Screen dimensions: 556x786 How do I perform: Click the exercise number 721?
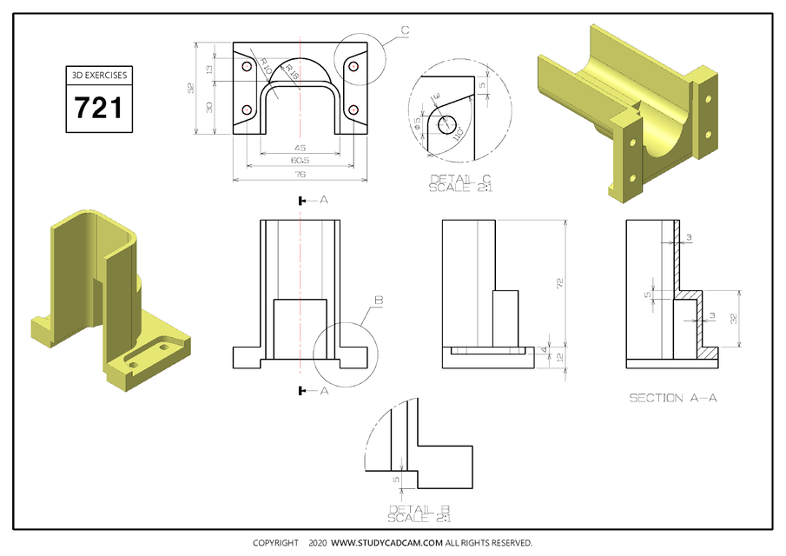coord(97,109)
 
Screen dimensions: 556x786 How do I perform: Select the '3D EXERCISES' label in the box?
coord(97,76)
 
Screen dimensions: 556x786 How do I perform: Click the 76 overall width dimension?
coord(300,175)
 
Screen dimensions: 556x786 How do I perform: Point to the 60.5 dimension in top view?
coord(300,161)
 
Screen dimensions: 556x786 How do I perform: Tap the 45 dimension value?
coord(300,147)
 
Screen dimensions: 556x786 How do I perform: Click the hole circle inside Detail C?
coord(449,122)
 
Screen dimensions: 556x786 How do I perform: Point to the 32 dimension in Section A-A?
coord(734,319)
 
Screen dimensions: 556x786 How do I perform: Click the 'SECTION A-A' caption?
coord(673,398)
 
